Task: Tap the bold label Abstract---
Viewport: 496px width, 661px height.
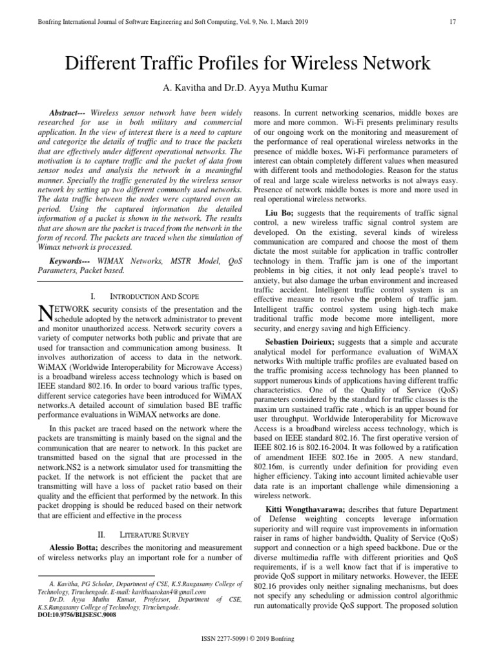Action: click(70, 112)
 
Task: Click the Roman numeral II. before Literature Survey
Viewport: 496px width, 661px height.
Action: click(100, 535)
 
